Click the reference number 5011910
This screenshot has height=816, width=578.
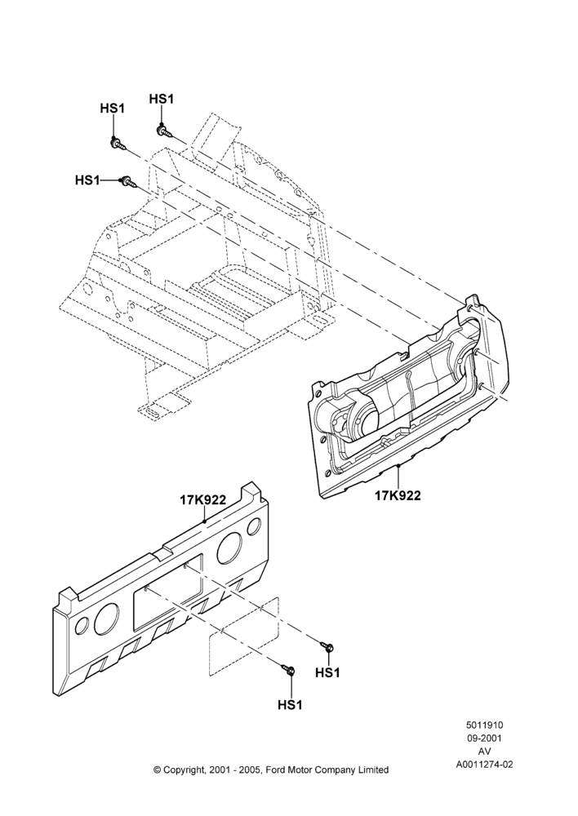point(484,725)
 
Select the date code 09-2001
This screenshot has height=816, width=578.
point(484,738)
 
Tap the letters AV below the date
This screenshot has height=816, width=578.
point(484,752)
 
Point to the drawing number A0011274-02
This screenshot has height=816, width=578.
point(484,765)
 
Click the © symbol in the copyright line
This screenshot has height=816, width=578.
point(157,769)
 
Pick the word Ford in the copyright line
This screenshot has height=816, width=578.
point(275,769)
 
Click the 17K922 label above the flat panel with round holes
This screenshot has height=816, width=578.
point(203,500)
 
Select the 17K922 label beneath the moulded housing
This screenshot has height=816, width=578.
point(398,495)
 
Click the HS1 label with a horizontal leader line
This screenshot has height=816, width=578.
point(87,180)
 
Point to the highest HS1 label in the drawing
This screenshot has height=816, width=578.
point(162,99)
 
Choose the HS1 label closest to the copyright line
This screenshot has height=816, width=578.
point(290,705)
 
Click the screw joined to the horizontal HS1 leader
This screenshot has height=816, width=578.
point(128,182)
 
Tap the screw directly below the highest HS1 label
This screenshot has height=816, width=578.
point(163,131)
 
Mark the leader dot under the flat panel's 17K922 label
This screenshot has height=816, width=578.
point(205,521)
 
